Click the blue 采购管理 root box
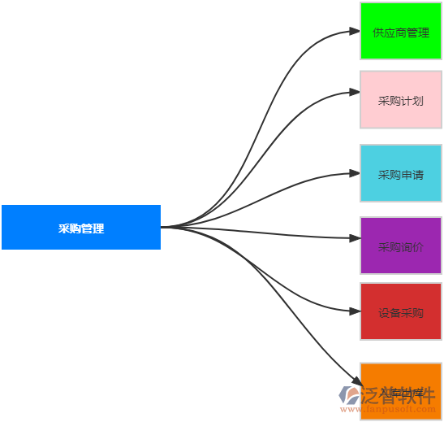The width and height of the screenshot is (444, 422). pos(81,228)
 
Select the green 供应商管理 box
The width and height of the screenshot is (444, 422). pos(401,32)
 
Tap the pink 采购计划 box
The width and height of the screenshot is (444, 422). pos(401,100)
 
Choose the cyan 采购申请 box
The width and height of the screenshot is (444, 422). pos(401,173)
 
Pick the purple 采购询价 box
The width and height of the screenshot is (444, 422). pos(401,246)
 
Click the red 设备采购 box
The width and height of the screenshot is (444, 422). pos(401,311)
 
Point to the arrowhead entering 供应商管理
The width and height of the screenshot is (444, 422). pos(355,32)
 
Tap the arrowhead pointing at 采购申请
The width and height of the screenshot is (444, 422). pos(355,173)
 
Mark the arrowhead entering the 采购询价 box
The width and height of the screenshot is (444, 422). pos(355,238)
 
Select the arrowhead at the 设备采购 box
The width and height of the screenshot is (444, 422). pos(355,311)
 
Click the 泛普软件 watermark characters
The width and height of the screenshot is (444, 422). pos(400,394)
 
